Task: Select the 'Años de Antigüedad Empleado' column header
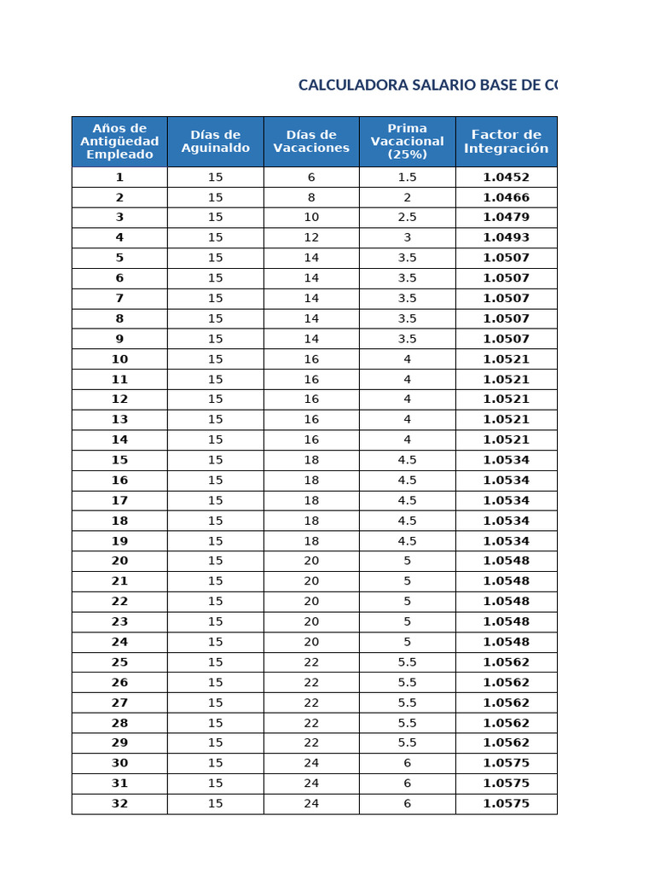(x=119, y=142)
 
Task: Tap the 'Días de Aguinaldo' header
(x=215, y=142)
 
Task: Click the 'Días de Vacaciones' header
(x=311, y=142)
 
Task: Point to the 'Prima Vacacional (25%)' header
(x=407, y=142)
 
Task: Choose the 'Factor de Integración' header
(x=506, y=142)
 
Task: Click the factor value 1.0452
(x=506, y=178)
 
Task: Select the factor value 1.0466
(x=506, y=197)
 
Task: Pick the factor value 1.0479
(x=506, y=218)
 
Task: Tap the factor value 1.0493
(x=506, y=238)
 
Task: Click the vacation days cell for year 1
(x=311, y=178)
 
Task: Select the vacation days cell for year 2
(x=311, y=197)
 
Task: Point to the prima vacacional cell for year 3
(x=407, y=218)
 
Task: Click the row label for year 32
(x=119, y=804)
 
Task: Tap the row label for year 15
(x=119, y=460)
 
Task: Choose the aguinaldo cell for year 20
(x=215, y=562)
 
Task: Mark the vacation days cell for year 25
(x=311, y=662)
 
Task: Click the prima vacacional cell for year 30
(x=407, y=764)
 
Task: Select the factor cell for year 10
(x=506, y=359)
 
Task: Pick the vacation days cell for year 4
(x=311, y=238)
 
